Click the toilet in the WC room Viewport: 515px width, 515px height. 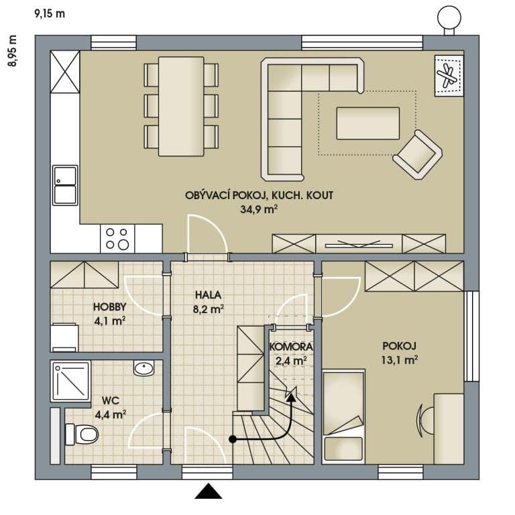[82, 435]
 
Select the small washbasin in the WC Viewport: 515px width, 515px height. [144, 368]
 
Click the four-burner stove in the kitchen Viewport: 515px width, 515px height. [117, 238]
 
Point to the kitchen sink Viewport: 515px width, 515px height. [65, 184]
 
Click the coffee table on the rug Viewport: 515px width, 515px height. [367, 123]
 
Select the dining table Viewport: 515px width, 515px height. [181, 105]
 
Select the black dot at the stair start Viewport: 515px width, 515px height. [233, 440]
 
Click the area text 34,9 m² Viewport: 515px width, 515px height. [259, 209]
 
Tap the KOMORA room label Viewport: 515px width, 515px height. [288, 347]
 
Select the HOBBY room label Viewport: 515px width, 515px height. [109, 307]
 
